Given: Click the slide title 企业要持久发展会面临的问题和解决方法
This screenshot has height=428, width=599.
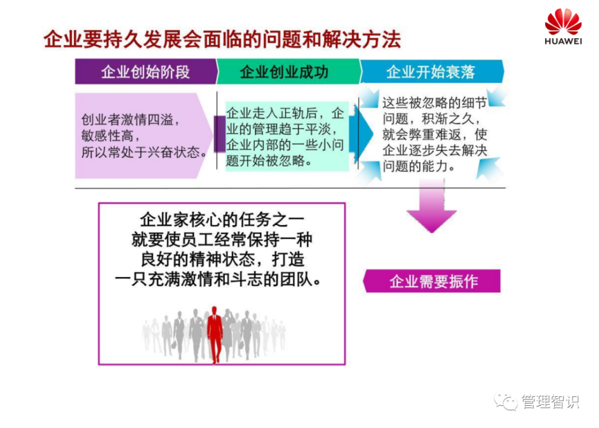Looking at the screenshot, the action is pos(222,40).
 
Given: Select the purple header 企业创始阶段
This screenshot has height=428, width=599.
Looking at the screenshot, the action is pos(146,71).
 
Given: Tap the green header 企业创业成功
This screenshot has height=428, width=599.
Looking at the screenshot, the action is pos(284,72).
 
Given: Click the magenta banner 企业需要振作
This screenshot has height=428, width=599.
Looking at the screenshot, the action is pos(432,281).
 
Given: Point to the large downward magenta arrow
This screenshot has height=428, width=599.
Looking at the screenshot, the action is pos(432,206).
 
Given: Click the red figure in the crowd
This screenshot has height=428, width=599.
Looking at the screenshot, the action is pos(214,335).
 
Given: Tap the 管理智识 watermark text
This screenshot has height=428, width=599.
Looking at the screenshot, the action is pos(550,401).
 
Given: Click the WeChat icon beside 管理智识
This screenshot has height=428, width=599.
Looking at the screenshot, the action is pos(506,401).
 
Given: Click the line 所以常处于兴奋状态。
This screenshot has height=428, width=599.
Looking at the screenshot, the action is pos(144,152).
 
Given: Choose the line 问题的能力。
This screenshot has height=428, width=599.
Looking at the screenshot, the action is pos(419,166).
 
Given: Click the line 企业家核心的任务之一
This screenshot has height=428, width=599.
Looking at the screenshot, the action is pos(222,220).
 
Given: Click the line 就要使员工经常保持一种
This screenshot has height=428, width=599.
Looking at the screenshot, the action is pos(222,240).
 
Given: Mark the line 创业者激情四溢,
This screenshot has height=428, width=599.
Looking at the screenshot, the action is pos(130,120).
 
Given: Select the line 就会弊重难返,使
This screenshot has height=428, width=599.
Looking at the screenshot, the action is pos(435,135).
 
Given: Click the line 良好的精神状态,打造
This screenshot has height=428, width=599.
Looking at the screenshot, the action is pos(222,260).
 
